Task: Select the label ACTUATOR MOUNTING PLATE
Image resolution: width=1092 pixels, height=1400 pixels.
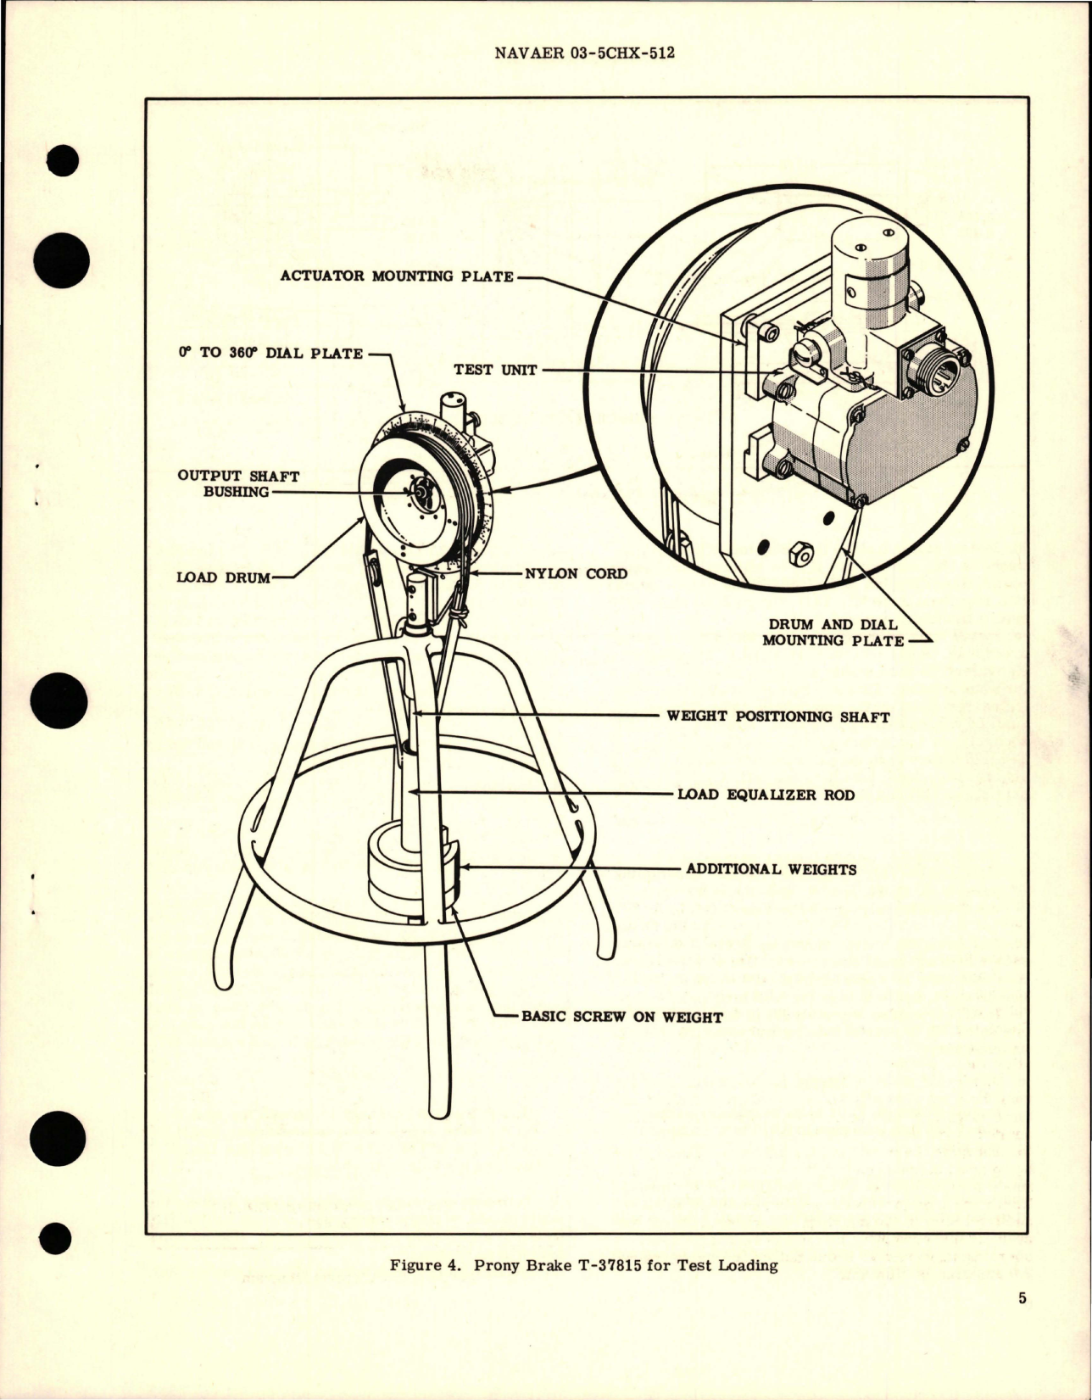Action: click(x=397, y=276)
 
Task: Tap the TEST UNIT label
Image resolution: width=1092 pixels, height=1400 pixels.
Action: click(x=495, y=370)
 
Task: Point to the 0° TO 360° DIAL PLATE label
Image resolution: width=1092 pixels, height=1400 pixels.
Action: click(x=270, y=354)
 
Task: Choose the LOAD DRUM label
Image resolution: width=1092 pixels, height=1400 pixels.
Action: click(x=223, y=577)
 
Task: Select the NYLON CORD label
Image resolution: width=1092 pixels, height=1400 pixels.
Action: click(x=576, y=573)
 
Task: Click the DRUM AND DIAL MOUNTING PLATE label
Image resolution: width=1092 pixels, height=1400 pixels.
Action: click(x=832, y=633)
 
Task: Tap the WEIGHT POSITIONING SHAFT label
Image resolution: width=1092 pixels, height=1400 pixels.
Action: click(x=777, y=717)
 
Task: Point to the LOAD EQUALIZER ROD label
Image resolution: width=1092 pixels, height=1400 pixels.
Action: click(x=766, y=795)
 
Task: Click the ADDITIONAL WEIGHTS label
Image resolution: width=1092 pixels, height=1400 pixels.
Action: click(x=771, y=869)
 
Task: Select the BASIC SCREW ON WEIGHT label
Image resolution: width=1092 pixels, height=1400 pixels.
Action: click(x=621, y=1017)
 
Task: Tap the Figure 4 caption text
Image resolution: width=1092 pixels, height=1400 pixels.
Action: click(x=583, y=1266)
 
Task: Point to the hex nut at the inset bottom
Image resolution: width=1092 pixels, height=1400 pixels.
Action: click(x=800, y=555)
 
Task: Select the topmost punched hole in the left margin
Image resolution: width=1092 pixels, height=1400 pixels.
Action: click(x=64, y=161)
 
